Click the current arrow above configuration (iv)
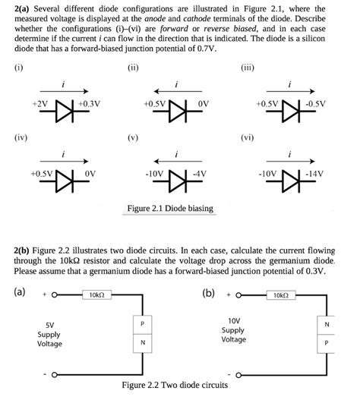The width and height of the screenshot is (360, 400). [x=64, y=161]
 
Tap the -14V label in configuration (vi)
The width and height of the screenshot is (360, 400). [x=312, y=173]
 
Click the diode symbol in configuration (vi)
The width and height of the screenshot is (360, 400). [x=289, y=182]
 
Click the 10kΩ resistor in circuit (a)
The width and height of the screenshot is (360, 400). [x=96, y=294]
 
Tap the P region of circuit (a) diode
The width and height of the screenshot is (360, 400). [x=141, y=324]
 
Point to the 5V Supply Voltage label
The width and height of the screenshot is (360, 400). [x=49, y=334]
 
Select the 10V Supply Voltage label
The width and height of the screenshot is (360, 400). [x=233, y=329]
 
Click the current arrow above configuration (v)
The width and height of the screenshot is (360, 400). [x=177, y=161]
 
